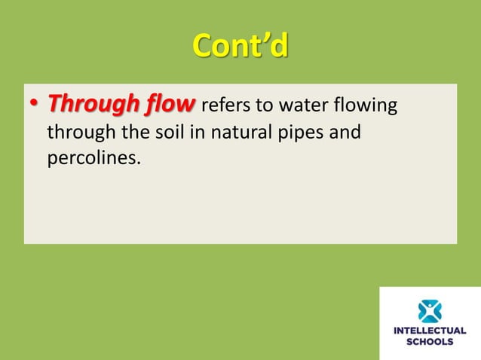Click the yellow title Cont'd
240,47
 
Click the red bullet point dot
34,105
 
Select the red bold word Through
93,105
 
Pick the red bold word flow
171,105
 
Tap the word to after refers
266,105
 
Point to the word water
304,105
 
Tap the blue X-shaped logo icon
430,311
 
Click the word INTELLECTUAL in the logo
430,330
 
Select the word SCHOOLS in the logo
430,341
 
